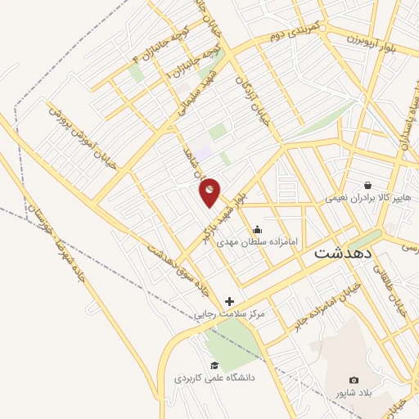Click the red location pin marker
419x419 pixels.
[x=210, y=191]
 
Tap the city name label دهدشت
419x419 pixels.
[x=343, y=254]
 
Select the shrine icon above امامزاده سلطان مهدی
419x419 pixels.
[x=258, y=229]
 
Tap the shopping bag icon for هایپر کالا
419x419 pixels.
[x=367, y=185]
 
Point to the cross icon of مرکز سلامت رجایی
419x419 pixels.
[x=229, y=301]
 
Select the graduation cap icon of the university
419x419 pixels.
[x=214, y=365]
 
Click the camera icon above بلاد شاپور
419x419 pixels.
[x=354, y=380]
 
